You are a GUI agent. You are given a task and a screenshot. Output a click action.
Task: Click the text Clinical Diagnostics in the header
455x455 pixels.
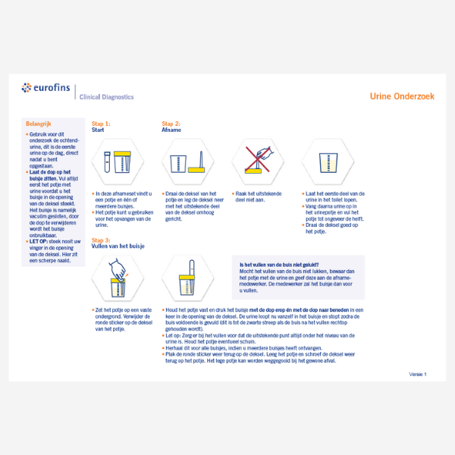tap(107, 97)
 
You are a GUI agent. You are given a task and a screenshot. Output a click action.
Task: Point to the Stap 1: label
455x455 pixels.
tap(101, 123)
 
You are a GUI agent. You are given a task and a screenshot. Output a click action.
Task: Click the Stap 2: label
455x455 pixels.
tap(171, 123)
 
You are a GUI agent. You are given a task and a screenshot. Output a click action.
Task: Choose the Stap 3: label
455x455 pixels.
tap(101, 240)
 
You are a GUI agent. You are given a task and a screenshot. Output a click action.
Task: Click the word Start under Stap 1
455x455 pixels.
tap(98, 130)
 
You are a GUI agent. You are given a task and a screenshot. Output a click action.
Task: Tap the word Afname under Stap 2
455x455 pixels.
tap(171, 130)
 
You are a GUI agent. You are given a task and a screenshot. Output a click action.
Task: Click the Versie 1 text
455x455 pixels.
tap(418, 374)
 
